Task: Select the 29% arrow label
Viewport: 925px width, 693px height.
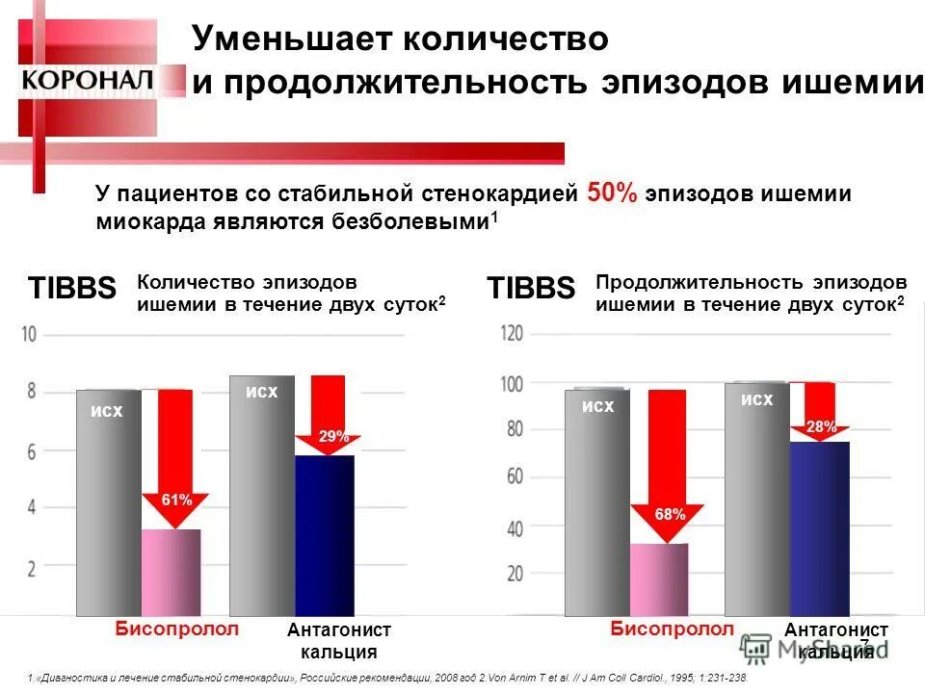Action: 333,437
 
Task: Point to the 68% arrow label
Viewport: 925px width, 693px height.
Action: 670,514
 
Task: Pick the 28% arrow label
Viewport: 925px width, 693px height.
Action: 821,426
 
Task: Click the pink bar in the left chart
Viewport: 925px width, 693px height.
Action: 172,572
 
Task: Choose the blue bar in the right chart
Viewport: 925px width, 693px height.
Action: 819,527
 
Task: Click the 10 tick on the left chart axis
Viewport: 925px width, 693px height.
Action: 29,335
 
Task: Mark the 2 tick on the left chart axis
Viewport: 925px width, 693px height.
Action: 31,568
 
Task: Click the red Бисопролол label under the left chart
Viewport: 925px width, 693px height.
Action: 176,629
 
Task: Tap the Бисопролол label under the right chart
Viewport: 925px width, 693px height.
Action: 672,629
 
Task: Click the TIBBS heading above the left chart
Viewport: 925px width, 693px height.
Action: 72,288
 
